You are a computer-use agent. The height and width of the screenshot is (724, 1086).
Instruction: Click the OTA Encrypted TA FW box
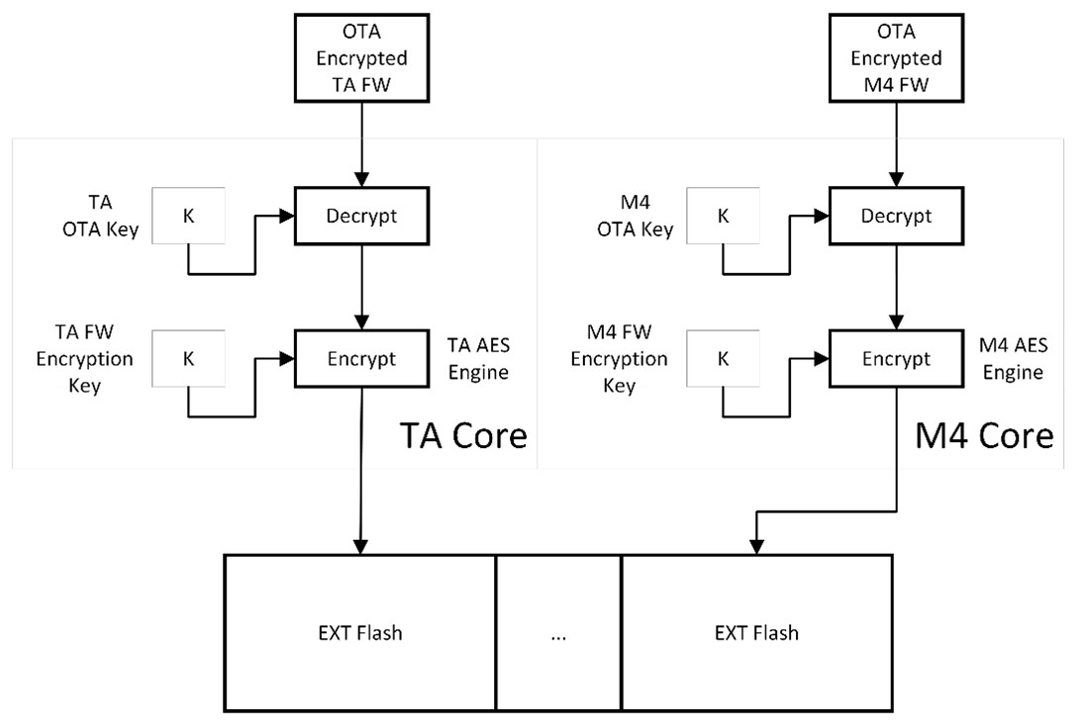[360, 57]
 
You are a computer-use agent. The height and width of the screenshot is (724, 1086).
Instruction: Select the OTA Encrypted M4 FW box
[896, 57]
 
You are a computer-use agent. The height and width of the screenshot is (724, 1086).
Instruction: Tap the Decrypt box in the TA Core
[360, 215]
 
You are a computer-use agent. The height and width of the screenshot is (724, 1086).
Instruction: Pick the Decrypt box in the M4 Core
[896, 215]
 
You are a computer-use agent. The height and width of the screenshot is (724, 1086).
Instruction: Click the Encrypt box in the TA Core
[360, 358]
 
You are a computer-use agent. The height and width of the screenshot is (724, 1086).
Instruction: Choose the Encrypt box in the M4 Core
[896, 358]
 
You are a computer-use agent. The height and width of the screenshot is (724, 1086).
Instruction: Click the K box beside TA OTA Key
[187, 215]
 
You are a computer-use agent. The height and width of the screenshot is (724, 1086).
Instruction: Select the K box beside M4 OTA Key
[723, 215]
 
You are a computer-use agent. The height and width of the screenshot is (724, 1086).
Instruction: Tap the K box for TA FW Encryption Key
[187, 358]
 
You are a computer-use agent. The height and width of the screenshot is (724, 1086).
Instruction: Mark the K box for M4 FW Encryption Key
[723, 358]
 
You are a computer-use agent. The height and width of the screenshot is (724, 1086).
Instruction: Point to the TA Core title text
[462, 435]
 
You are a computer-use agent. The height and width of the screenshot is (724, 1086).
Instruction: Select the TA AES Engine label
[477, 358]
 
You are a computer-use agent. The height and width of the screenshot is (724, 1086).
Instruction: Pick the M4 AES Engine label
[1011, 358]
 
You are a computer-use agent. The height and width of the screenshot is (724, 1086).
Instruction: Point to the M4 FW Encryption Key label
[621, 358]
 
